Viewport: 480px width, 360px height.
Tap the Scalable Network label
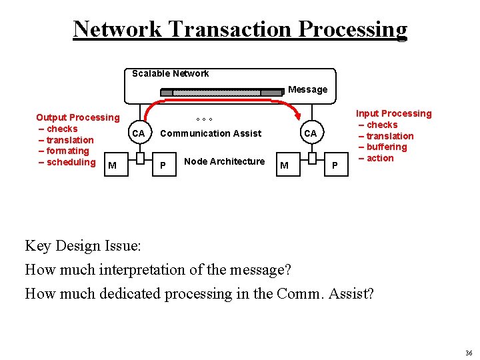click(x=170, y=73)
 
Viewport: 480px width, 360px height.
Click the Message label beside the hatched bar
click(x=307, y=89)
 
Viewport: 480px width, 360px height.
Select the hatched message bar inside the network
click(x=222, y=92)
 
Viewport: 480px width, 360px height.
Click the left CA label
click(x=138, y=133)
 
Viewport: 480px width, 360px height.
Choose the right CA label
click(x=311, y=133)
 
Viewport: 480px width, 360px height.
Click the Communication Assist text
click(x=211, y=133)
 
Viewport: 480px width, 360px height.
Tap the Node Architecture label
click(x=224, y=161)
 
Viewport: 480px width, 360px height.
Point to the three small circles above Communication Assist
click(x=204, y=120)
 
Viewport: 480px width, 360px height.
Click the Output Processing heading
click(x=77, y=117)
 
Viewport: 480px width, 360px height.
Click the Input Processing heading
click(x=393, y=114)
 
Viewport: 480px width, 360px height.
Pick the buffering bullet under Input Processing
click(x=386, y=147)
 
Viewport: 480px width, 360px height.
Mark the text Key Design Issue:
click(x=83, y=245)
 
